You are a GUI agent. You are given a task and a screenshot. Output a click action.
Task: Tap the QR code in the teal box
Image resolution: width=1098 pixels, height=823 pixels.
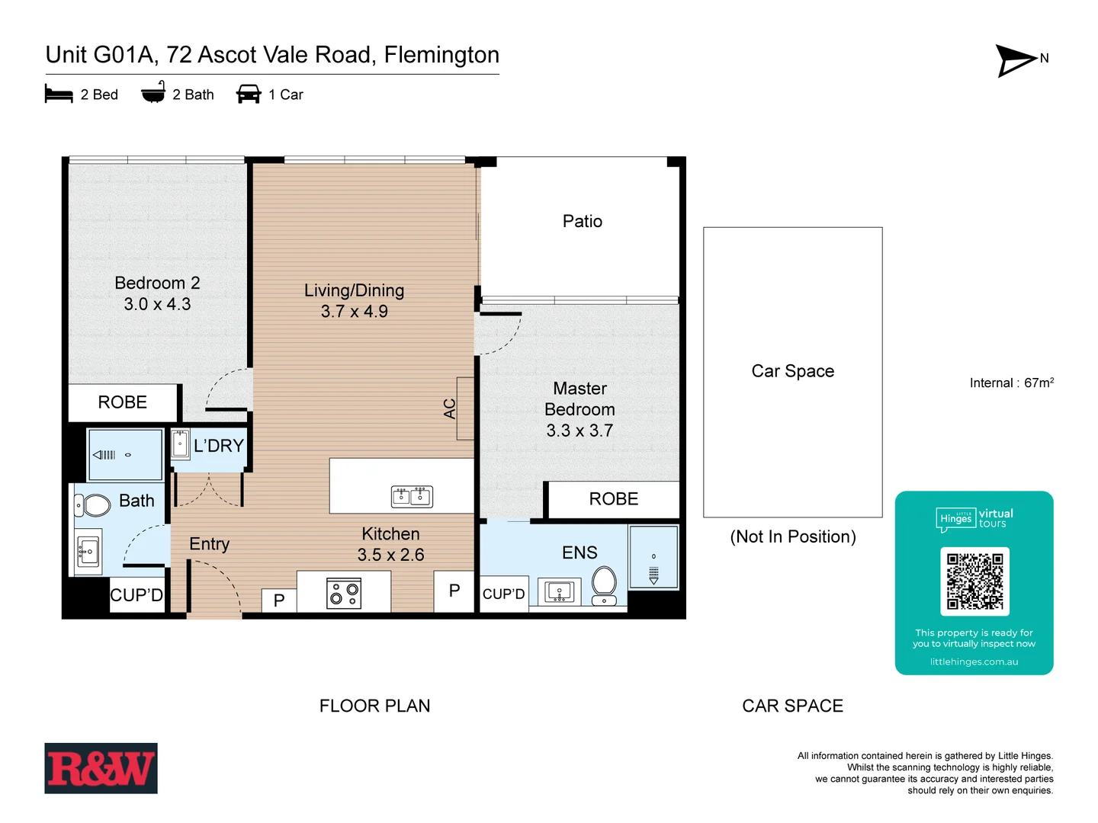pyautogui.click(x=974, y=581)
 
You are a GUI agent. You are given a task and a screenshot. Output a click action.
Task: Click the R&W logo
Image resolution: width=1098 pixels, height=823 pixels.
pyautogui.click(x=101, y=768)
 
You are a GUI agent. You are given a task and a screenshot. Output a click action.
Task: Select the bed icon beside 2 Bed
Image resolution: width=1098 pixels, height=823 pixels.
pyautogui.click(x=59, y=94)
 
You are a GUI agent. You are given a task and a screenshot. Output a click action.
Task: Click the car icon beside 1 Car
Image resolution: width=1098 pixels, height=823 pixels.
pyautogui.click(x=249, y=94)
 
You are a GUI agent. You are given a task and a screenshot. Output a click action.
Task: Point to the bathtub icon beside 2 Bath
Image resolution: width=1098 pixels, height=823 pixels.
pyautogui.click(x=153, y=93)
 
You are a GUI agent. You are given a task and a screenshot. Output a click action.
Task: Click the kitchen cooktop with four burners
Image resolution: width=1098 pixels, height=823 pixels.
pyautogui.click(x=344, y=593)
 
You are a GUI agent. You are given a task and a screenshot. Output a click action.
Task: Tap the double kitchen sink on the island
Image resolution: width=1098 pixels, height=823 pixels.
pyautogui.click(x=412, y=497)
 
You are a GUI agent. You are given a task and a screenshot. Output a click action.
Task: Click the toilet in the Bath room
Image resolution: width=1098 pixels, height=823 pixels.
pyautogui.click(x=93, y=504)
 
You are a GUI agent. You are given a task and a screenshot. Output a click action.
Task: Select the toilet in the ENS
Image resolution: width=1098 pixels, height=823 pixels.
pyautogui.click(x=605, y=583)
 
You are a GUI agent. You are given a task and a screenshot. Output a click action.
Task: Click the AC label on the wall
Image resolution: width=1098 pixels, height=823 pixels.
pyautogui.click(x=450, y=409)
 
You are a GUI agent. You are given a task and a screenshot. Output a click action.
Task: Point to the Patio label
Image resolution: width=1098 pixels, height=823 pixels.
pyautogui.click(x=583, y=221)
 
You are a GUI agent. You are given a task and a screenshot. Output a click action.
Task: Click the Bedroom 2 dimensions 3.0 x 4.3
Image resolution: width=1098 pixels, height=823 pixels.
pyautogui.click(x=157, y=304)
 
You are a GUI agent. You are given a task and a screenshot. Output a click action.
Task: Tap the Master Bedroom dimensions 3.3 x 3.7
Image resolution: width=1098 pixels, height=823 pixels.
pyautogui.click(x=579, y=431)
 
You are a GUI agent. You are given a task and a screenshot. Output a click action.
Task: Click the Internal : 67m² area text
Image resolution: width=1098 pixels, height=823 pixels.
pyautogui.click(x=1011, y=383)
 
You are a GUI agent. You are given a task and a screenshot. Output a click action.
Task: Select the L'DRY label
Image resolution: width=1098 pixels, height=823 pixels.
pyautogui.click(x=218, y=446)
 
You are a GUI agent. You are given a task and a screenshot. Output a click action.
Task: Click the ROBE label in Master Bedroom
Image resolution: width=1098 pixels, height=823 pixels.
pyautogui.click(x=613, y=499)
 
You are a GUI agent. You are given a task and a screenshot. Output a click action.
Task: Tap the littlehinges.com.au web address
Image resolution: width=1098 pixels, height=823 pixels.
pyautogui.click(x=974, y=661)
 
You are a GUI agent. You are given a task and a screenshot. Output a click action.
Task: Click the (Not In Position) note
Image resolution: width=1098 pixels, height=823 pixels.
pyautogui.click(x=792, y=536)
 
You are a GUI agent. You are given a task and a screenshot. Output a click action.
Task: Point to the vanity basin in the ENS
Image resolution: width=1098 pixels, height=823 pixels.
pyautogui.click(x=560, y=591)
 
